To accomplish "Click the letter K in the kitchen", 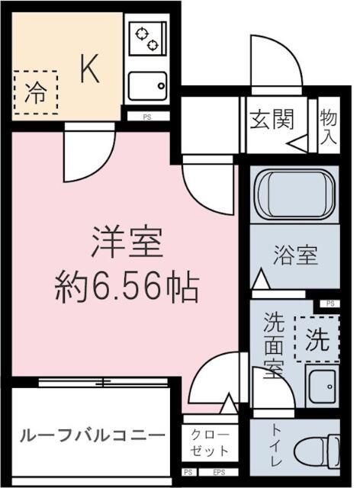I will (88, 70).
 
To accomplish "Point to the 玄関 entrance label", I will (272, 120).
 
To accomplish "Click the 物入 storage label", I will (328, 127).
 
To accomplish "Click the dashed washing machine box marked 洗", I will (317, 337).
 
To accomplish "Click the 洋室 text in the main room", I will (126, 246).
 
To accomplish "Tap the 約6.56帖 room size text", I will (127, 288).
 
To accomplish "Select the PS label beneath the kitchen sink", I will (145, 117).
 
